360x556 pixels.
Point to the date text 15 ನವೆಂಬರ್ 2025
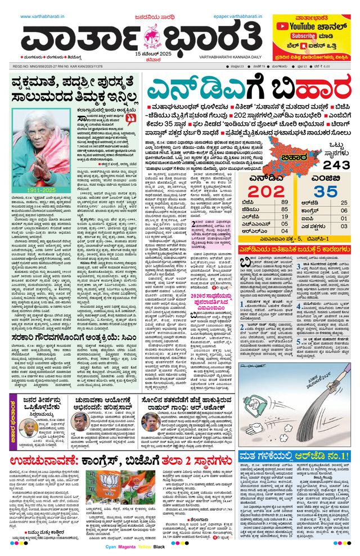[145, 53]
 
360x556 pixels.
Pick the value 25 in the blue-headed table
[340, 202]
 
